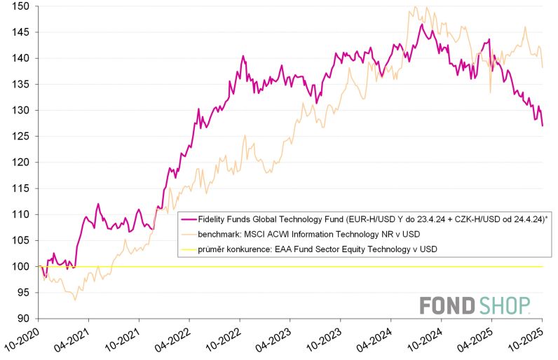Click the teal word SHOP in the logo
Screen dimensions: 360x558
[504, 305]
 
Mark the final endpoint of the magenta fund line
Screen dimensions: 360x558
[543, 125]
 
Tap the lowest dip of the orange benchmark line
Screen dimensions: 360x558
[75, 300]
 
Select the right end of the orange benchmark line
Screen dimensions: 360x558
[543, 67]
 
